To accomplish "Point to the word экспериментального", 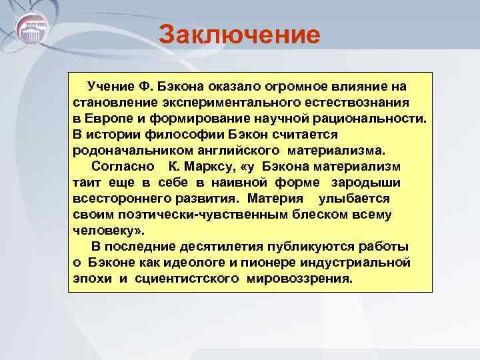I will pos(229,103).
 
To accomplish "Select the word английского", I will pos(229,151).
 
